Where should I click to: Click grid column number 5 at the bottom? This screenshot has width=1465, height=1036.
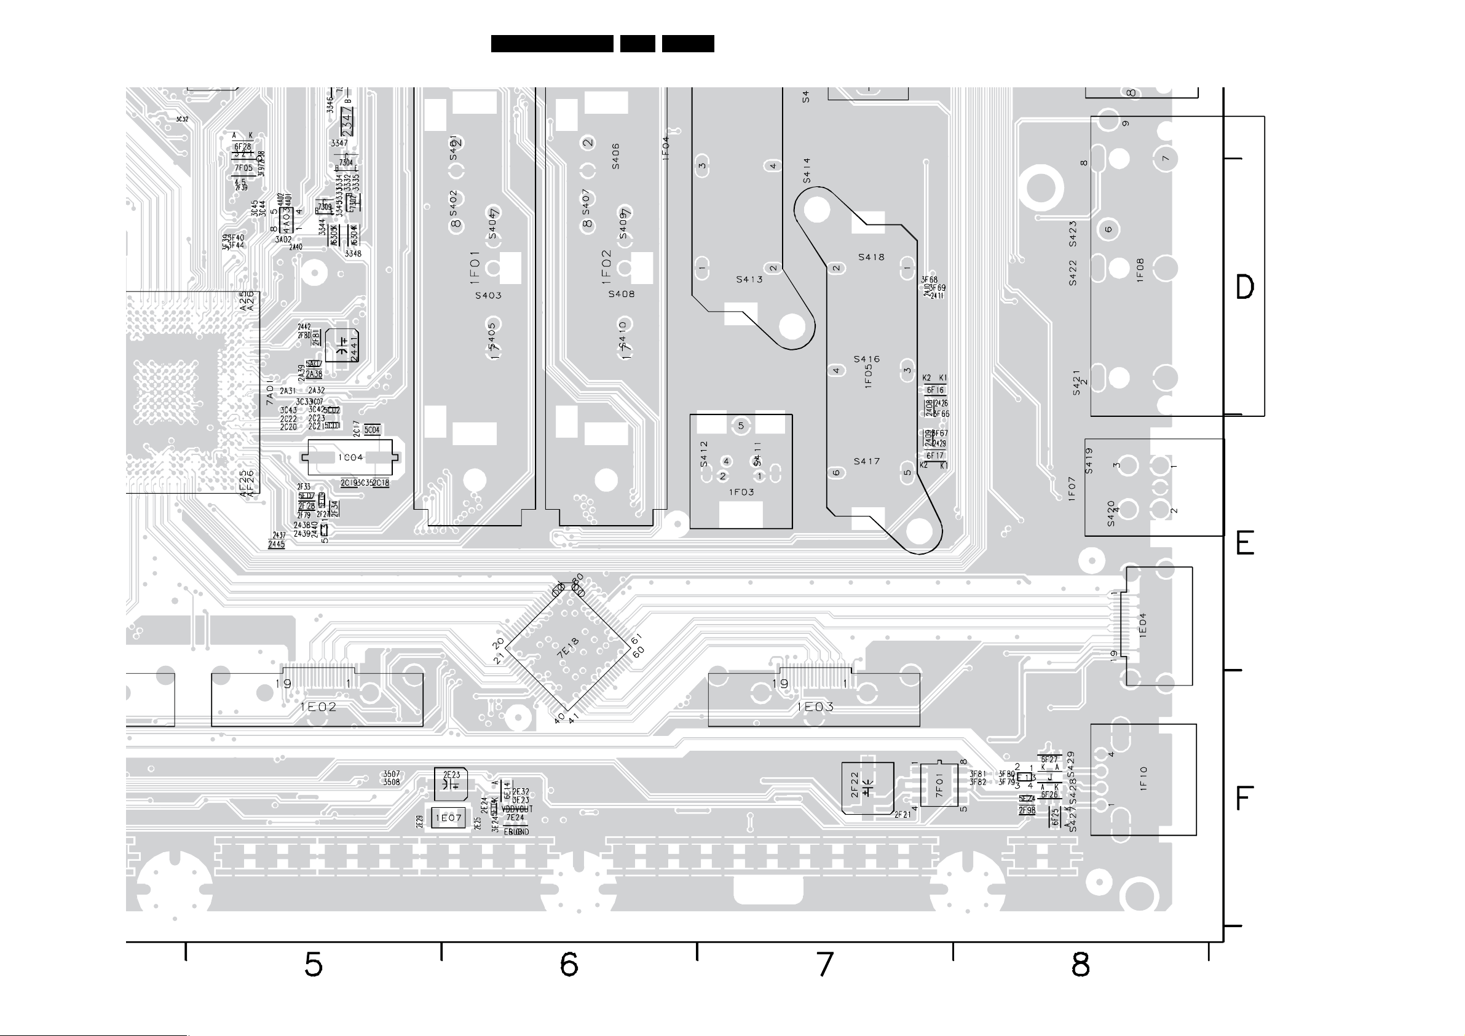tap(314, 965)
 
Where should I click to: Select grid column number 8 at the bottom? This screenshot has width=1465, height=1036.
tap(1080, 965)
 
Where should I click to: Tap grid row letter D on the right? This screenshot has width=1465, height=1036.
tap(1245, 287)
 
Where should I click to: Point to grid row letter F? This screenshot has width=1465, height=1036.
tap(1244, 799)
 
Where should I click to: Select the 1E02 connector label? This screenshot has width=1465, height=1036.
tap(318, 706)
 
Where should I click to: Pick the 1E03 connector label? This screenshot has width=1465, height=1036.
tap(815, 706)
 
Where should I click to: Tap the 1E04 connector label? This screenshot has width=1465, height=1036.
tap(1143, 625)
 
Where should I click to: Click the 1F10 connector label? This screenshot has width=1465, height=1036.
tap(1143, 779)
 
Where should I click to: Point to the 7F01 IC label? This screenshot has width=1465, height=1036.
tap(939, 785)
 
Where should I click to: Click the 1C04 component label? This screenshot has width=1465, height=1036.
tap(350, 457)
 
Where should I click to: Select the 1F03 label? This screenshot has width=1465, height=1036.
tap(741, 492)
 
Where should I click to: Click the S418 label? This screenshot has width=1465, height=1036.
tap(871, 257)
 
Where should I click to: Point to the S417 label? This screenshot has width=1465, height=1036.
tap(866, 462)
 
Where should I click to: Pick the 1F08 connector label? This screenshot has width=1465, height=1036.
tap(1140, 269)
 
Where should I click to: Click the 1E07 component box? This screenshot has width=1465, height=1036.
tap(449, 818)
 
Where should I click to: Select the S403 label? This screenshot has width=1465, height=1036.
tap(488, 296)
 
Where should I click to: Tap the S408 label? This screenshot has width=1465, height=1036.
tap(621, 295)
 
